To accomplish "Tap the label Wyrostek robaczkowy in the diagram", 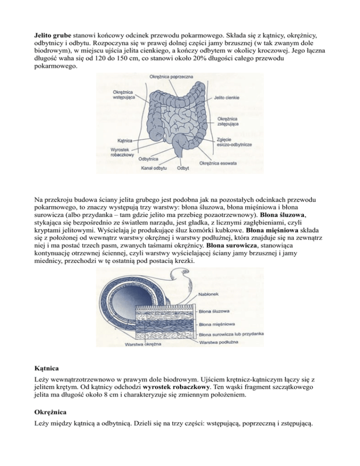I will [123, 151].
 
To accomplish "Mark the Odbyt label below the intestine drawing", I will [183, 168].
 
